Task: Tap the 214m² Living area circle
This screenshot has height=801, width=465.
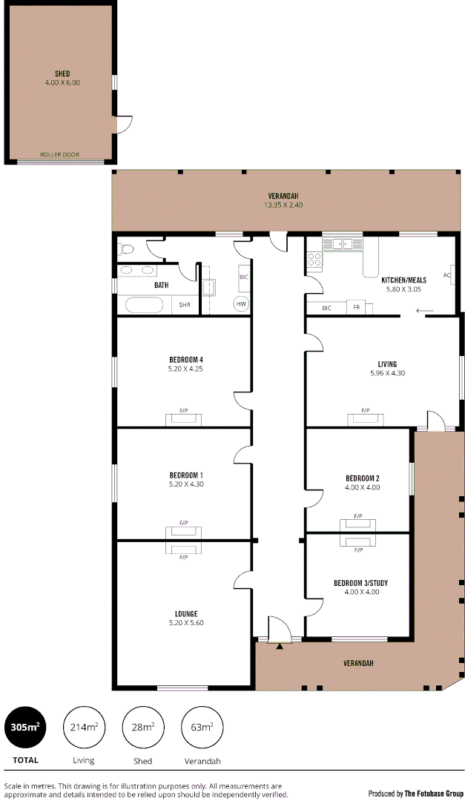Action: pos(84,728)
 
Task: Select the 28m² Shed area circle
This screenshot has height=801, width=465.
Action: pos(142,728)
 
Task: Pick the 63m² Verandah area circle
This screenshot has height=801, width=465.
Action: pos(202,728)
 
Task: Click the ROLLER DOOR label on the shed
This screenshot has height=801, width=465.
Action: pos(59,155)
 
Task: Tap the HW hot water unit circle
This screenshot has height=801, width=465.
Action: pos(241,304)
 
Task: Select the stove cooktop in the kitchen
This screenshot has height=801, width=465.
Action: pos(314,260)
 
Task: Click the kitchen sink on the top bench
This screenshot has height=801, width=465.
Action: pos(342,243)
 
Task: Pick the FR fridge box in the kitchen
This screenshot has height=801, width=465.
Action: pos(357,308)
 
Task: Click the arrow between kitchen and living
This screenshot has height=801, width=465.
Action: pos(425,311)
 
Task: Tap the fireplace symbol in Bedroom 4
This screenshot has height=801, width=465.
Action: pos(183,419)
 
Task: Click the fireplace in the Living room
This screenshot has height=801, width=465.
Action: pos(366,419)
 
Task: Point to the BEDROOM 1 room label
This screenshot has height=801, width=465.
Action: pos(185,475)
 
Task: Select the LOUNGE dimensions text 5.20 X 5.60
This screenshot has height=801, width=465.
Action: pos(185,623)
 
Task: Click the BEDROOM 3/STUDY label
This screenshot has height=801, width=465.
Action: pos(360,583)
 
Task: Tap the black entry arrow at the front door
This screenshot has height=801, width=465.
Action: pos(279,647)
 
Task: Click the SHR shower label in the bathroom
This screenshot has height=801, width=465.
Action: pos(184,305)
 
